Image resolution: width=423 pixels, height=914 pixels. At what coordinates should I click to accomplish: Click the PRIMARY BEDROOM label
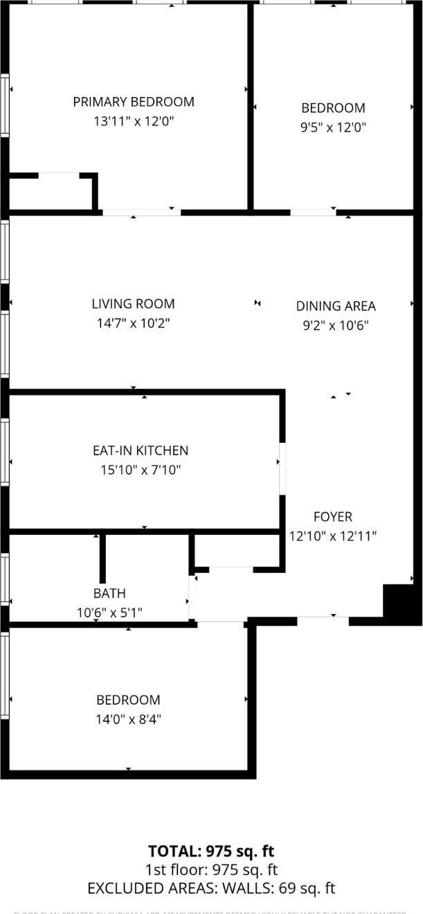pos(134,102)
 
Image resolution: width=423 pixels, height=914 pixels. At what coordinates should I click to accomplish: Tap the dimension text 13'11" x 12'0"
pos(134,121)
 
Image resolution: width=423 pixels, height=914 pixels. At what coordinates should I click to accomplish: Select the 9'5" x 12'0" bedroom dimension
pos(333,128)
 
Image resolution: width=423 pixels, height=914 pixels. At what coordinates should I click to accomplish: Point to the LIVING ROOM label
pos(133,304)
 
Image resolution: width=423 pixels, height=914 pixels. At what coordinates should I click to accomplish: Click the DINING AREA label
pos(336,306)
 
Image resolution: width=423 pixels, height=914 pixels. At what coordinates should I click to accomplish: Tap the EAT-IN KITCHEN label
pos(141,450)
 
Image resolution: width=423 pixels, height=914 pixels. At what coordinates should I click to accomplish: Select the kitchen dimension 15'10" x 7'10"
pos(141,470)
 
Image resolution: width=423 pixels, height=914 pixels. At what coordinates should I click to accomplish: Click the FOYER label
pos(333,516)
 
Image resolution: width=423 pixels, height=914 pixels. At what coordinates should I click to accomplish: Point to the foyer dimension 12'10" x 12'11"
pos(333,536)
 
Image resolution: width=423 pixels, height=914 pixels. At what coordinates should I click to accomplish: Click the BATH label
pos(109,593)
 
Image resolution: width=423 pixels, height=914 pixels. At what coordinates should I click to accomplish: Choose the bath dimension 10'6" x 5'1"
pos(109,613)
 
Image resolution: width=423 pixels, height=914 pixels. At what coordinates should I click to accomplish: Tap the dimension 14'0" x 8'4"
pos(128,719)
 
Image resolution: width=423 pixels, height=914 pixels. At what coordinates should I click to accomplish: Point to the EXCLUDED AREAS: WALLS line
pos(211,888)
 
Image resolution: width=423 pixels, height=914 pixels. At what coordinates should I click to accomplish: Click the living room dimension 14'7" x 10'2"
pos(133,323)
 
